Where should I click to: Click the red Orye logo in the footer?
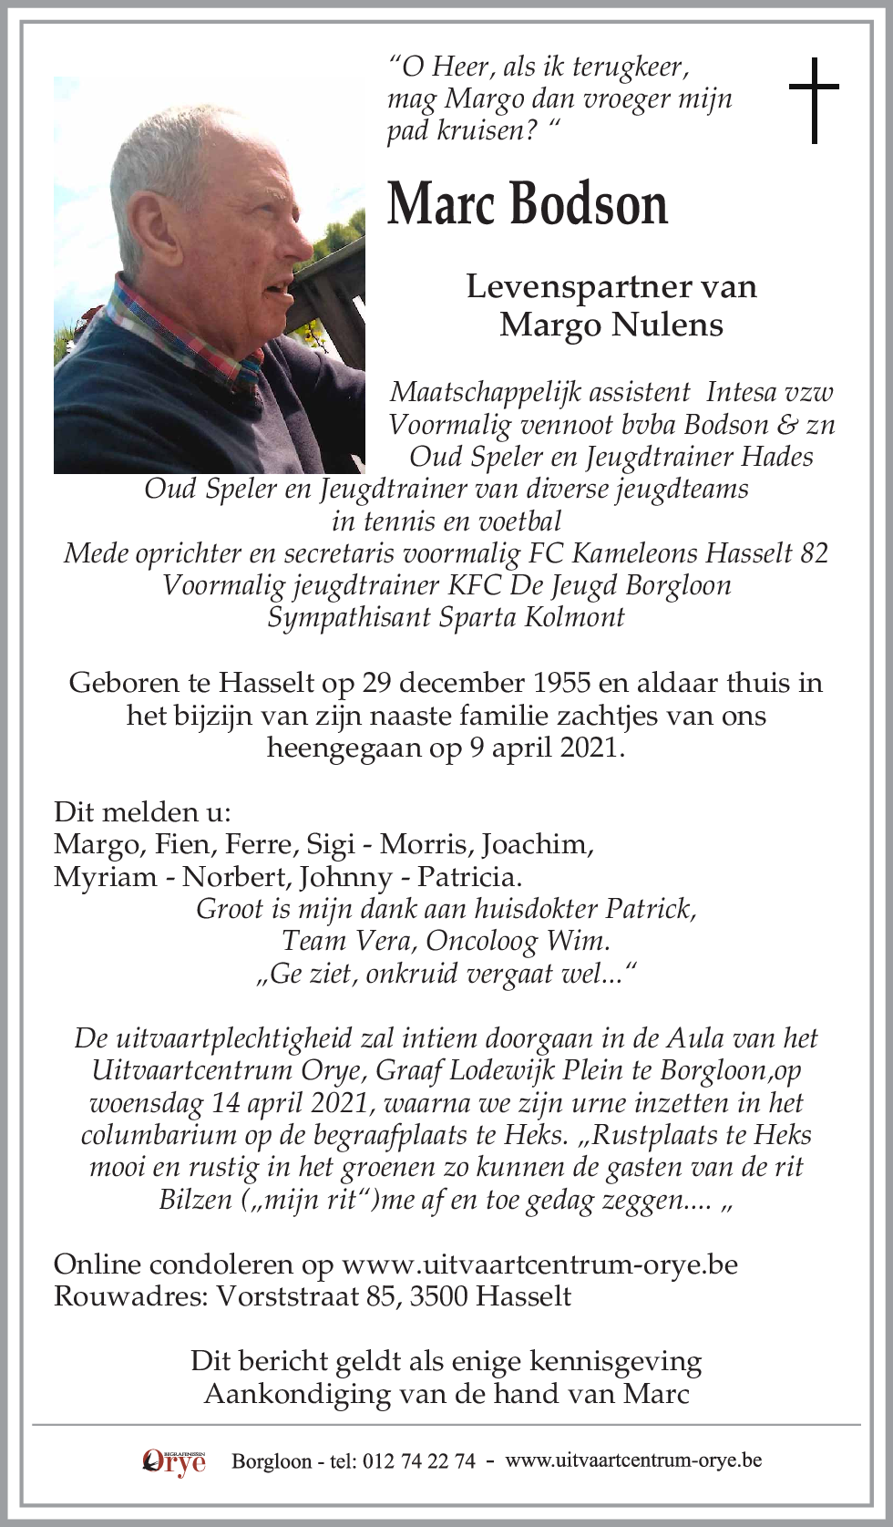click(x=174, y=1461)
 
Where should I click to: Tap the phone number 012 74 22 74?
click(x=419, y=1461)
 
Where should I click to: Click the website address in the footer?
click(x=633, y=1460)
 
